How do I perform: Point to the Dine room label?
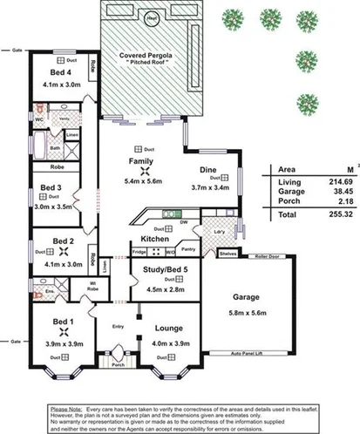(207, 170)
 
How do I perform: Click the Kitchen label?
(142, 239)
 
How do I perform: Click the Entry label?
(119, 327)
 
